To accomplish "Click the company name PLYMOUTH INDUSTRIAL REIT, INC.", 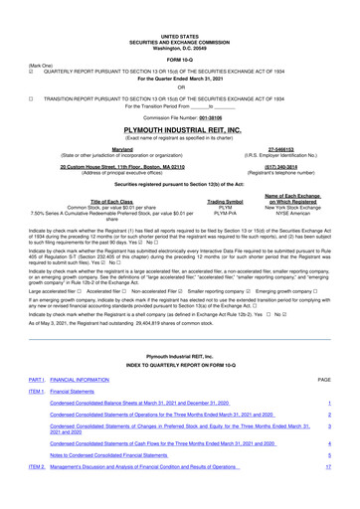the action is pos(179,102).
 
